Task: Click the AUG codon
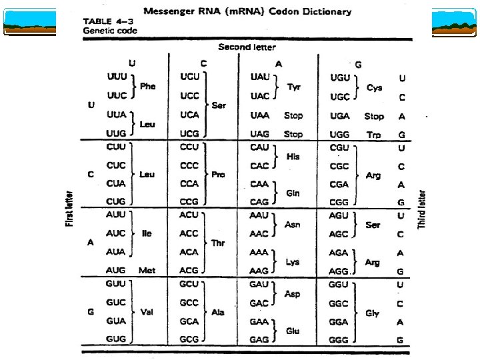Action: pos(115,271)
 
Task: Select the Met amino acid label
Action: pos(147,271)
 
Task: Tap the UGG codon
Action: pos(340,134)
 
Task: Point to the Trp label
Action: pos(374,134)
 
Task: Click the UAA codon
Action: pos(259,115)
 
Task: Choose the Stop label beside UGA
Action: pos(374,116)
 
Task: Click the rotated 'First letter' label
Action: pos(69,209)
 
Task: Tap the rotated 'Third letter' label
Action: pos(421,209)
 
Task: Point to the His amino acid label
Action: pos(293,157)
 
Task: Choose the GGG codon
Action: pos(340,339)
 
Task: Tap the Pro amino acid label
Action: pos(218,175)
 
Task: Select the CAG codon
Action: pos(259,201)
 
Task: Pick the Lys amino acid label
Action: pos(293,262)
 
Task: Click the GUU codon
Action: pos(116,284)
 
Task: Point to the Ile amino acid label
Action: pos(147,234)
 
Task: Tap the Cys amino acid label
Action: pos(375,88)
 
